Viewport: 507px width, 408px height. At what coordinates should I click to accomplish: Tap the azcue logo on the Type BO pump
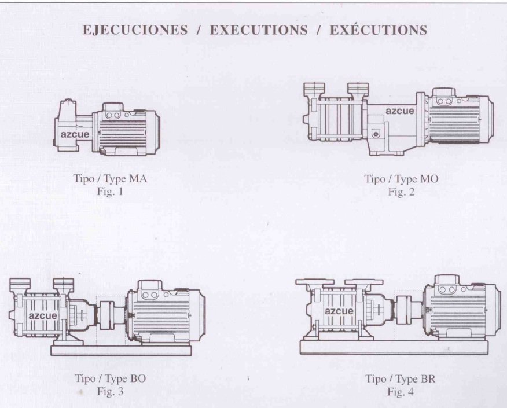click(x=43, y=315)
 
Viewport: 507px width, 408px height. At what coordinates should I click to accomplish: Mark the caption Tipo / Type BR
click(x=401, y=379)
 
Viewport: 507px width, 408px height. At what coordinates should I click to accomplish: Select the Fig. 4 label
click(x=401, y=392)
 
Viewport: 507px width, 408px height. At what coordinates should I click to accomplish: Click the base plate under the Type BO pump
click(x=120, y=350)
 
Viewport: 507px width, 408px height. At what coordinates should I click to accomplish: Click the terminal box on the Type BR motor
click(x=449, y=285)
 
